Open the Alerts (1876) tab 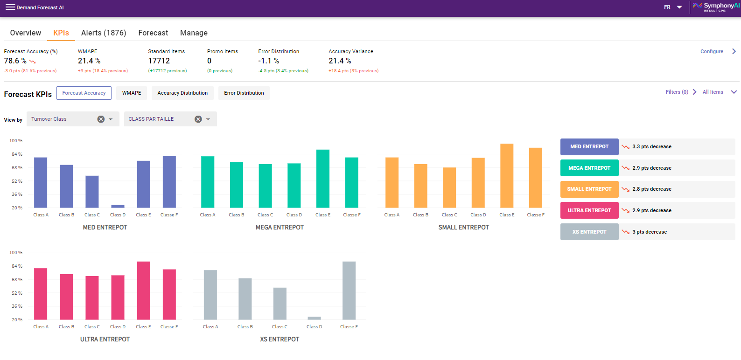coord(104,33)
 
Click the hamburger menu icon coord(10,7)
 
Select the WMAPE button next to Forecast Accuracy coord(132,93)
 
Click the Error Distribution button coord(244,93)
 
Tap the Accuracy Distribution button coord(182,93)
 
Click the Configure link coord(712,51)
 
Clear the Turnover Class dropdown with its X coord(101,119)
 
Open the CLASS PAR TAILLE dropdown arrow coord(208,119)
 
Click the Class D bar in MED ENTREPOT coord(118,206)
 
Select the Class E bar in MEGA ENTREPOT coord(323,179)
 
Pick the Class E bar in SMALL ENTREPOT coord(507,175)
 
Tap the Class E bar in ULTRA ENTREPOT coord(143,291)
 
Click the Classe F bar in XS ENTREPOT coord(349,291)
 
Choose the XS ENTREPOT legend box coord(589,232)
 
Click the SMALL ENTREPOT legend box coord(589,189)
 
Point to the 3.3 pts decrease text coord(652,146)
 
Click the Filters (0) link coord(677,92)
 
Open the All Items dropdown coord(719,92)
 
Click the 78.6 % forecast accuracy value coord(15,61)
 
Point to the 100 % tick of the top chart coord(16,140)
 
